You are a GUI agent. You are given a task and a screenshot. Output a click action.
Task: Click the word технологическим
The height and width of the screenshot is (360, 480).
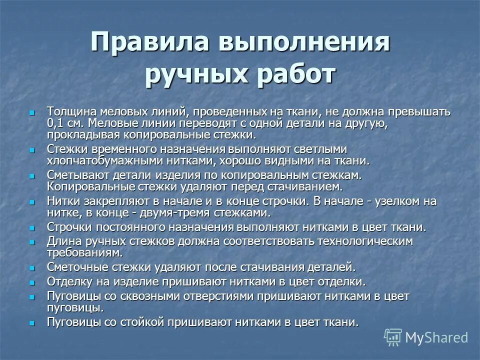360,241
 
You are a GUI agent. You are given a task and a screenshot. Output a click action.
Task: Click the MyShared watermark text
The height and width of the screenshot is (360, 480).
436,337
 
